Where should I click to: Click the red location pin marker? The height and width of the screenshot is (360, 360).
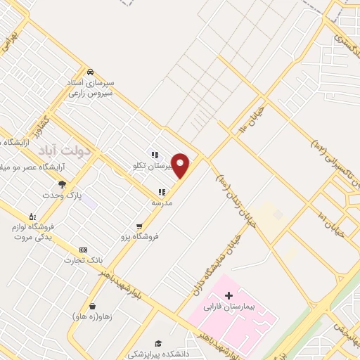[181, 165]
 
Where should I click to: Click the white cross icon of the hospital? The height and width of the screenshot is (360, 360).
[229, 295]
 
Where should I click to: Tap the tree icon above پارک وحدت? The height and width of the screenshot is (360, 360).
[63, 184]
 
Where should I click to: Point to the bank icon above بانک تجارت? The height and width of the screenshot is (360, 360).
[83, 250]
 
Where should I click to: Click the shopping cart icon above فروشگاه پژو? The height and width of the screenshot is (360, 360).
[140, 226]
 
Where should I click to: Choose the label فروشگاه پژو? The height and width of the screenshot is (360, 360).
[140, 237]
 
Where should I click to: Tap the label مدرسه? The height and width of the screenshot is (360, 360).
[162, 202]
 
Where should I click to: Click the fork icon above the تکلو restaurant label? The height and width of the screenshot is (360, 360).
[153, 155]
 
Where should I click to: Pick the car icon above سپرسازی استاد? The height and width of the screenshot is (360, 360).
[90, 72]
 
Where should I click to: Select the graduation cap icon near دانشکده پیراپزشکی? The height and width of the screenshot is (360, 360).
[159, 342]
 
